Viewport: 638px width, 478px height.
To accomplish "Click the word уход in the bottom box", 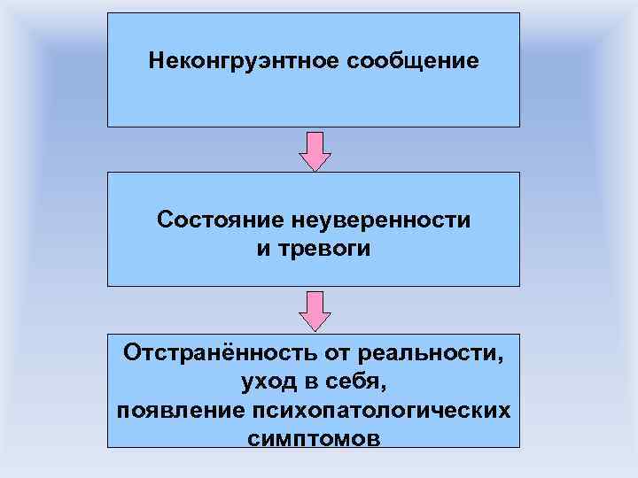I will click(x=267, y=383).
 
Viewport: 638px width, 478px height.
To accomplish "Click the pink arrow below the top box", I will click(x=315, y=150).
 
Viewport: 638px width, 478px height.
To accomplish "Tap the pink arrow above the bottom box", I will click(x=315, y=308).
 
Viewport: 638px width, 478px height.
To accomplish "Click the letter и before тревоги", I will click(x=262, y=250).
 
